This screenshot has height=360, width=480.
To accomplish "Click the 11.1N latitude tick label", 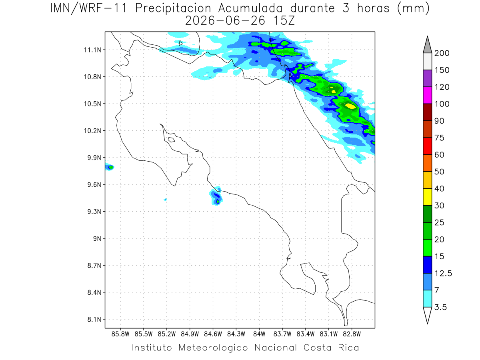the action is [92, 50].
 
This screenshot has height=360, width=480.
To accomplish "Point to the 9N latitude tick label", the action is [97, 238].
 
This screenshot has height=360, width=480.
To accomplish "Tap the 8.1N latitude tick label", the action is [94, 319].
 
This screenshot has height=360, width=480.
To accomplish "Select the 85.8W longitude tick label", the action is [120, 334].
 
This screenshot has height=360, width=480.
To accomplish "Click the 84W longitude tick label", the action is [259, 334].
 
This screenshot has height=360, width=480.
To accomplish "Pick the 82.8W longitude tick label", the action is [352, 334].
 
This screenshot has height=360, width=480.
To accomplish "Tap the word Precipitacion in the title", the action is [173, 8].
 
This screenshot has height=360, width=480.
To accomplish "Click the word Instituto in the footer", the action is [152, 348].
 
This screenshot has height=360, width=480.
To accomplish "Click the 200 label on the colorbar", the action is [442, 53].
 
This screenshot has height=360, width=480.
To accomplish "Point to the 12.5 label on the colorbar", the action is [443, 273].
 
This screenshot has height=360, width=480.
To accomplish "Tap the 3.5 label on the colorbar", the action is [440, 307].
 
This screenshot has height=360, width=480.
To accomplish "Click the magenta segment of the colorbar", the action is [427, 95].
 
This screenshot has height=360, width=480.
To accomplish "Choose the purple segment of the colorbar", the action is [427, 78].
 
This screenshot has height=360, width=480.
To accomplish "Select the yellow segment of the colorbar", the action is [427, 197].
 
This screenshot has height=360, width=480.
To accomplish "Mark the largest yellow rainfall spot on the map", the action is [350, 106].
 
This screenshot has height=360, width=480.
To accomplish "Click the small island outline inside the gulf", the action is [172, 140].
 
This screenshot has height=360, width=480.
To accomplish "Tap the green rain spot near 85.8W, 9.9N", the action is [111, 168].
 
